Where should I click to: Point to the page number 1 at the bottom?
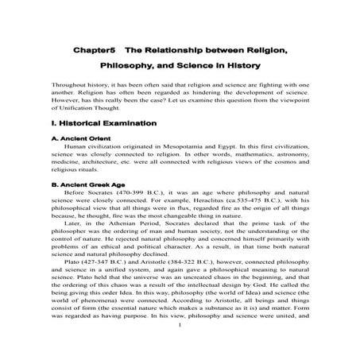tap(181, 346)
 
